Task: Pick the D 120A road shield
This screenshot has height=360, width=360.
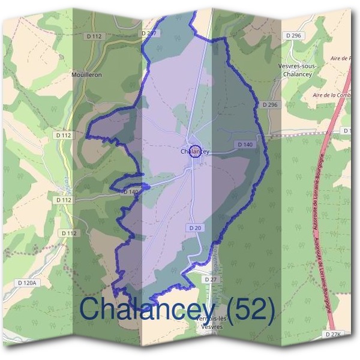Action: (27, 283)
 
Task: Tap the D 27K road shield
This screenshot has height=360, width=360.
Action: (333, 333)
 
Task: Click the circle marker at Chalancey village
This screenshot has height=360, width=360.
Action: (195, 151)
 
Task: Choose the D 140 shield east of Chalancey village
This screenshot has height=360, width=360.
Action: (245, 145)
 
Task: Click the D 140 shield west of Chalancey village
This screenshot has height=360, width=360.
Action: (131, 192)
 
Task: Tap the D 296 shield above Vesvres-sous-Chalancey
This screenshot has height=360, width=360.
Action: (294, 36)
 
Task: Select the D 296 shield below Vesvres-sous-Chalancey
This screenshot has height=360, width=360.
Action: (269, 105)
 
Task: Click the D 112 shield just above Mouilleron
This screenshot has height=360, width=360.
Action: (95, 36)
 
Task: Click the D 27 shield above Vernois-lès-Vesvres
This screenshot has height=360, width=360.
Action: (209, 280)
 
